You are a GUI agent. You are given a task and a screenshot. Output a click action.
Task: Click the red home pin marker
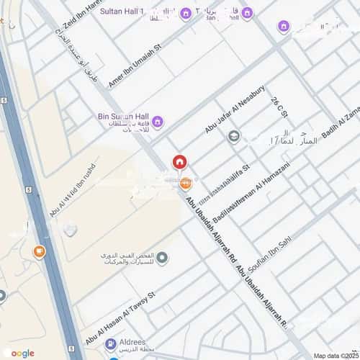click(179, 162)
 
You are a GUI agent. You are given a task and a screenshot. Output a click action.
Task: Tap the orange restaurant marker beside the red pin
click(186, 183)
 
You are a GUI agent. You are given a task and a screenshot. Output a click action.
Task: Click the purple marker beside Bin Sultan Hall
click(158, 121)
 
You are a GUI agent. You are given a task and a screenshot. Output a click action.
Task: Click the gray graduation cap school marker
click(234, 136)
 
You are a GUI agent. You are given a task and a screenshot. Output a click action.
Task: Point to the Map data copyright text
click(341, 356)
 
